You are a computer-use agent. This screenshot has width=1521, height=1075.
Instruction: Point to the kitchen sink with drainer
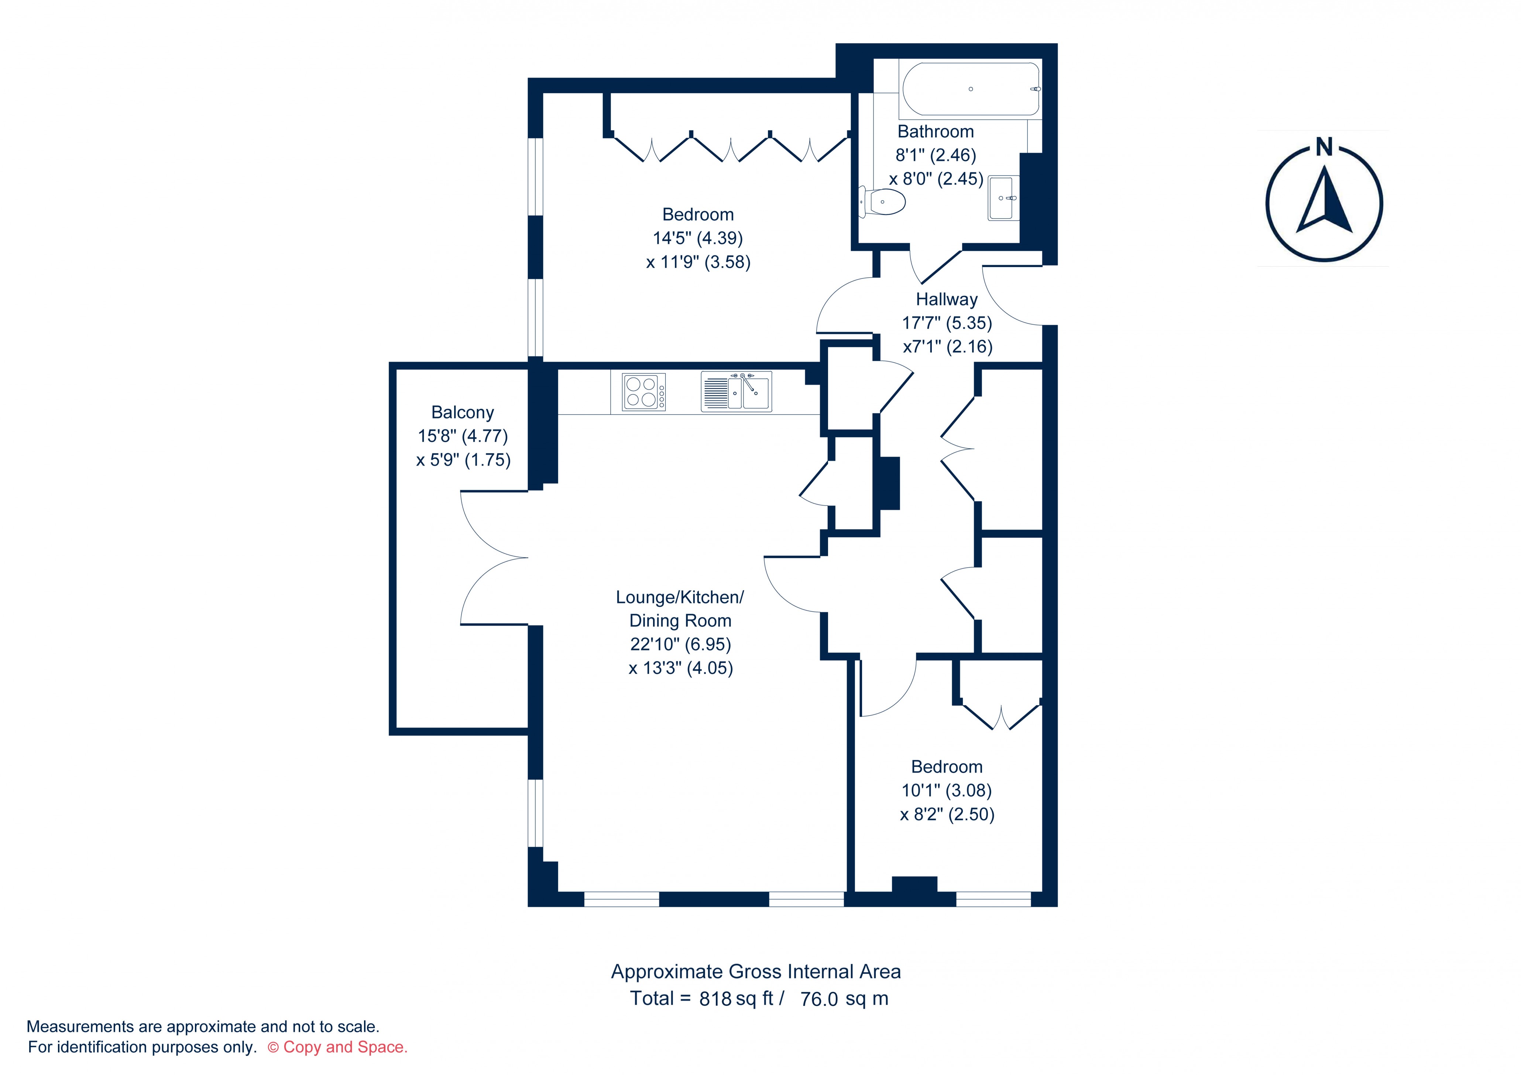736,392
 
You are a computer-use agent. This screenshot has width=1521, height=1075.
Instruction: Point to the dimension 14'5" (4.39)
698,238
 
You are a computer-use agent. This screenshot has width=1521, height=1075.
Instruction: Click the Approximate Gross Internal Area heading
756,972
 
